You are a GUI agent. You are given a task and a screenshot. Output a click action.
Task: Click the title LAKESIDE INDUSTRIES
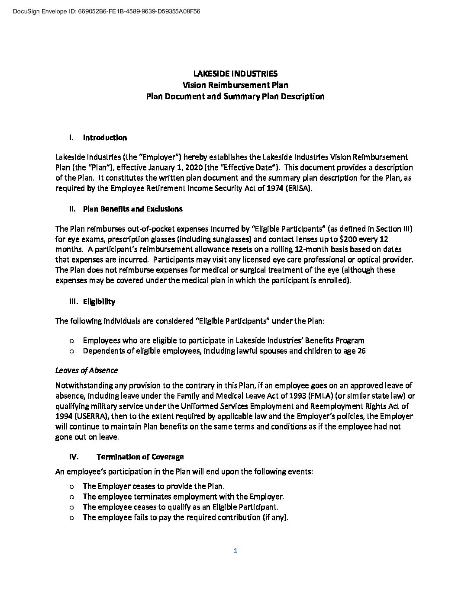coord(235,74)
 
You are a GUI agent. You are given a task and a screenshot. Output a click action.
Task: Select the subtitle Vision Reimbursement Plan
coord(235,85)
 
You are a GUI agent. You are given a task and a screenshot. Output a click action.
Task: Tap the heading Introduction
coord(105,138)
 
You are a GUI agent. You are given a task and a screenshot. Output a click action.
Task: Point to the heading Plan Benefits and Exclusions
coord(132,209)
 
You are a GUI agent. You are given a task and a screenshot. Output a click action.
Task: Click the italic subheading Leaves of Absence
coord(87,370)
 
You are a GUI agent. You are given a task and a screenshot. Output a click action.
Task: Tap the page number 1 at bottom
coord(235,551)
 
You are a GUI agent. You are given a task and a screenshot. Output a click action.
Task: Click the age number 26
coord(361,351)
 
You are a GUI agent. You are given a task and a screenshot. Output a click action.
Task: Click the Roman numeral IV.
coord(73,457)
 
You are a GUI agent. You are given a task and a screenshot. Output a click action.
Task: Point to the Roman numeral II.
coord(72,209)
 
